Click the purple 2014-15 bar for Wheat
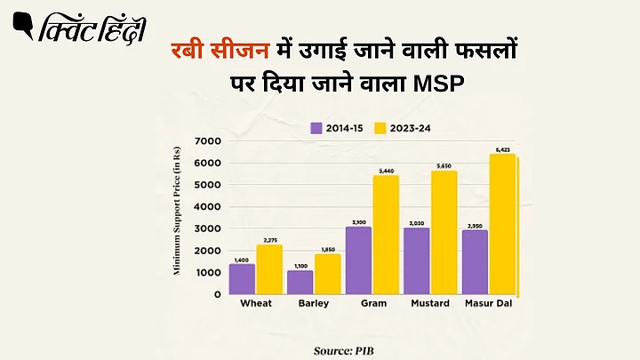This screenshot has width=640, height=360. pyautogui.click(x=242, y=279)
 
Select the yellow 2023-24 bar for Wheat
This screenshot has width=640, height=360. pyautogui.click(x=269, y=269)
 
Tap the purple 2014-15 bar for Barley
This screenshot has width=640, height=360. pyautogui.click(x=300, y=283)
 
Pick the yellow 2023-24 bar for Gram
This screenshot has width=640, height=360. pyautogui.click(x=386, y=235)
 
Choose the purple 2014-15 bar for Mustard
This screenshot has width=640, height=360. pyautogui.click(x=417, y=261)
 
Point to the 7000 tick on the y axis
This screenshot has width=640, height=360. pyautogui.click(x=207, y=141)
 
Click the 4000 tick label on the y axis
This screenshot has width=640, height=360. pyautogui.click(x=207, y=207)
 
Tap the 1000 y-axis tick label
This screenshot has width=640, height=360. pyautogui.click(x=207, y=272)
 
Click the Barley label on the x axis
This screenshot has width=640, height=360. pyautogui.click(x=314, y=304)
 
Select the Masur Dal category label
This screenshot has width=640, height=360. pyautogui.click(x=489, y=304)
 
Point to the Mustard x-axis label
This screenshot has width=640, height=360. pyautogui.click(x=430, y=304)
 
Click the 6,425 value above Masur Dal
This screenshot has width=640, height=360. pyautogui.click(x=502, y=149)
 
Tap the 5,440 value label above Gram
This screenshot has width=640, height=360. pyautogui.click(x=386, y=170)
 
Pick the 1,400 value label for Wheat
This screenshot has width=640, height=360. pyautogui.click(x=242, y=259)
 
